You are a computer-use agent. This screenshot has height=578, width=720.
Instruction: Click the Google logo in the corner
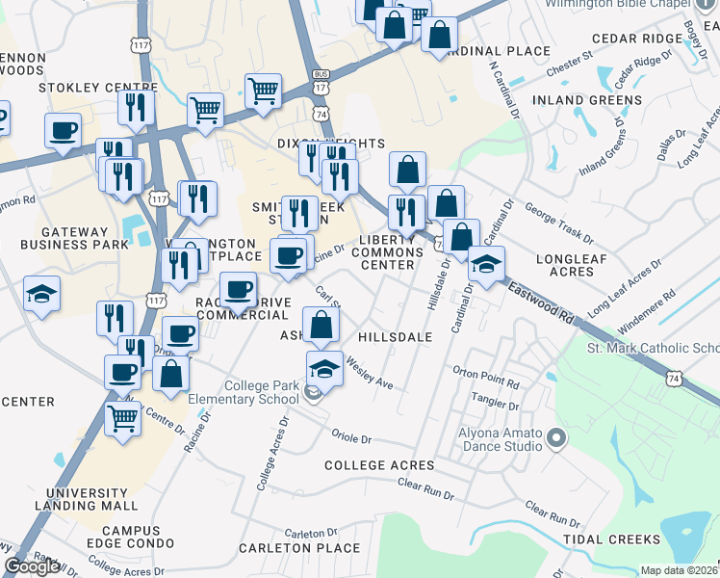tap(32, 566)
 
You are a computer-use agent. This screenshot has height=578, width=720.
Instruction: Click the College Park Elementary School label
tap(261, 392)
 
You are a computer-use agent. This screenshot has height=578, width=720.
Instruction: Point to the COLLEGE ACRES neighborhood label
tap(379, 465)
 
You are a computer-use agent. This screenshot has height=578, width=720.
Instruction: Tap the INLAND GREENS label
tap(596, 100)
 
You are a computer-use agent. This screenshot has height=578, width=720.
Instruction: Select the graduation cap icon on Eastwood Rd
tap(486, 263)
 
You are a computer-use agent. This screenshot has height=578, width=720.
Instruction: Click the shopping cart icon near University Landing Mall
tap(123, 418)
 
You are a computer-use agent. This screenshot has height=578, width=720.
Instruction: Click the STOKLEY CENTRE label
tap(85, 88)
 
